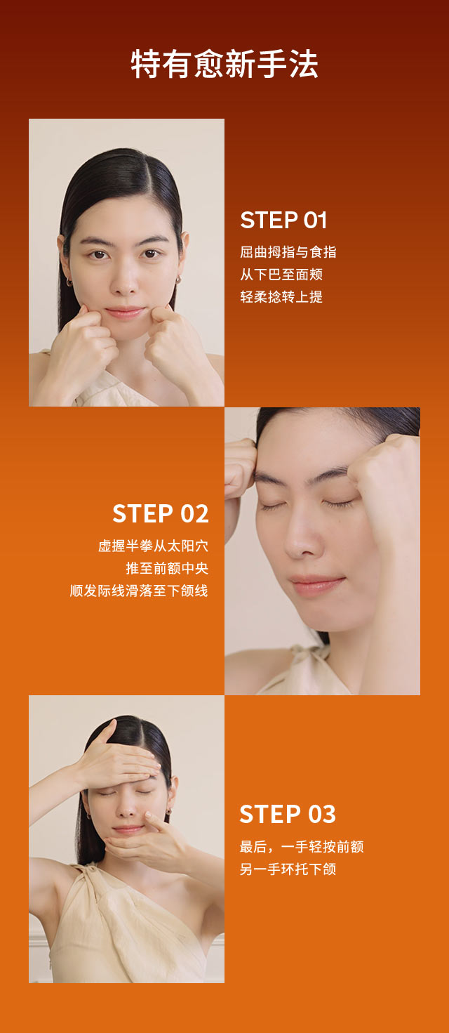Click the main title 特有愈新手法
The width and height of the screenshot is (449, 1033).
(x=224, y=65)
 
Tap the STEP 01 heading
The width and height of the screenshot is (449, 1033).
(x=283, y=221)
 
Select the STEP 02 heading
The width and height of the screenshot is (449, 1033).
(x=161, y=513)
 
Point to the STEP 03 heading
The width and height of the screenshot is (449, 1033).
(x=288, y=814)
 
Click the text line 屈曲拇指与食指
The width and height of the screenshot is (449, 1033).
(x=288, y=252)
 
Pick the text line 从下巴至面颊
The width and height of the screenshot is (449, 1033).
(x=281, y=275)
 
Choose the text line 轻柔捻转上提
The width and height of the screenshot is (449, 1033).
(x=281, y=297)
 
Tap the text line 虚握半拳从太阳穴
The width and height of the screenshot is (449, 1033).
(x=153, y=546)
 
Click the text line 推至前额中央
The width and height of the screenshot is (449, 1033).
(x=167, y=568)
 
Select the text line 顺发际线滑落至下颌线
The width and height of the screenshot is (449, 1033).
(x=139, y=591)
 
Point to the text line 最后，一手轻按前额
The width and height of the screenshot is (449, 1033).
(x=302, y=847)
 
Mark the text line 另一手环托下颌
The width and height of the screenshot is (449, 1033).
(x=288, y=869)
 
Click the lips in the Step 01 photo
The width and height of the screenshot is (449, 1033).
(x=125, y=311)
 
